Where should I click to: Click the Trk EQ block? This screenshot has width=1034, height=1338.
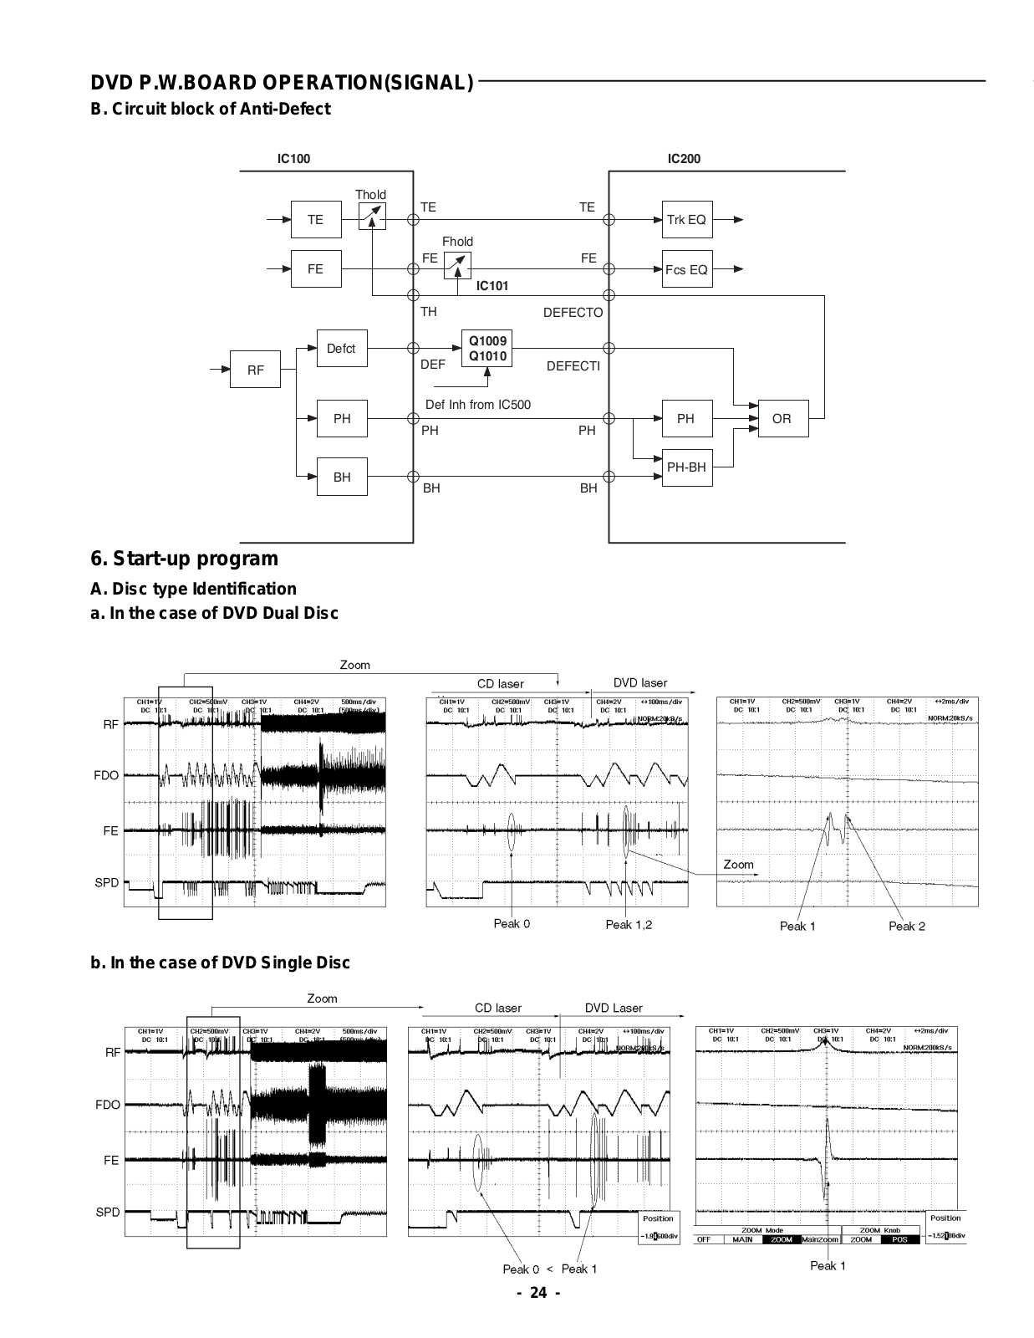point(686,220)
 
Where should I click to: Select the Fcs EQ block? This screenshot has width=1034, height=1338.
point(686,269)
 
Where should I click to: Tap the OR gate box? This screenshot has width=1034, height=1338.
point(782,419)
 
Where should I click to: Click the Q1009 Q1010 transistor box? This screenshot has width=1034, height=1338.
point(487,349)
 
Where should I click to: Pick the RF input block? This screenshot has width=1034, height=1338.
point(255,370)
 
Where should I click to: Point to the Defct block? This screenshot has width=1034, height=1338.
point(341,349)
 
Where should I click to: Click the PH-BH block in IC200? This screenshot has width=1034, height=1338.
point(686,467)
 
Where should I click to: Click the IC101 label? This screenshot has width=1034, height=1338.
point(492,286)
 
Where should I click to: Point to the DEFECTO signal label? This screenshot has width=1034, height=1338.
point(573,313)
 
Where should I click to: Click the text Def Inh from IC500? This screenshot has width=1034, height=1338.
point(478,405)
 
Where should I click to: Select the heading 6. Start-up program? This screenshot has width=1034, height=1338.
point(184,559)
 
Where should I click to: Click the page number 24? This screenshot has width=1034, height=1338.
point(539,1293)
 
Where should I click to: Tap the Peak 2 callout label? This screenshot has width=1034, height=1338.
point(907,926)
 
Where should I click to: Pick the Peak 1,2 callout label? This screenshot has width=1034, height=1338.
point(629,924)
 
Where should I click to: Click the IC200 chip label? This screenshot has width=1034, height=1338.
point(684,159)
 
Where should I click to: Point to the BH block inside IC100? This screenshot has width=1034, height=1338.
point(342,477)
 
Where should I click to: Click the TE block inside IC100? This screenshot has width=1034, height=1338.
point(315,220)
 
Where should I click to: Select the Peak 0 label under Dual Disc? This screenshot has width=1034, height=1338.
point(512,923)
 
